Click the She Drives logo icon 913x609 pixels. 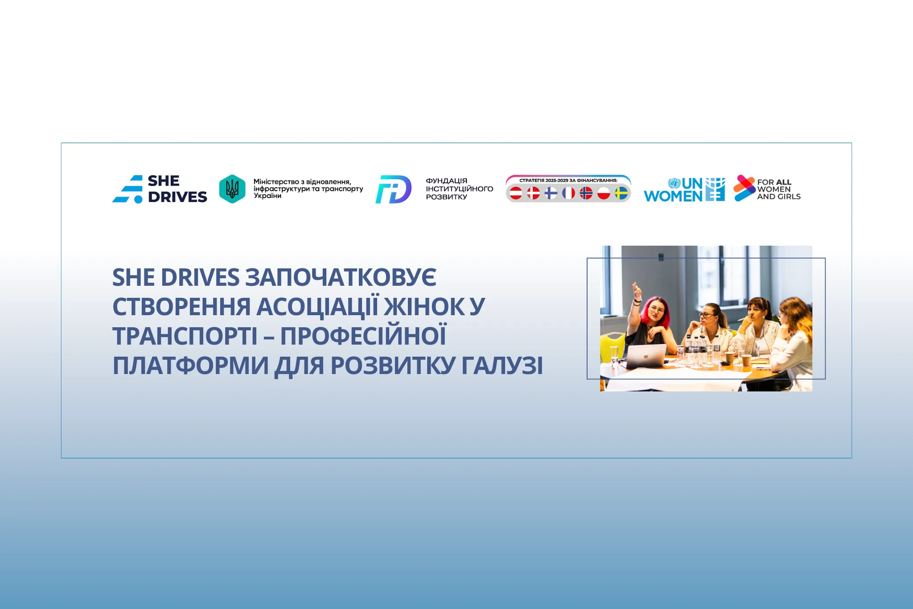click(128, 189)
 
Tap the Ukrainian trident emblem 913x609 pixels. click(232, 189)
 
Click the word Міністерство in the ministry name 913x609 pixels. click(276, 182)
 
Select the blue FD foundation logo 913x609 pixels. click(393, 189)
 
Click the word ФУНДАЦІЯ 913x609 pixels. click(446, 181)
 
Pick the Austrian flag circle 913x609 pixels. click(516, 193)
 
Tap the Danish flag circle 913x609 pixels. click(533, 193)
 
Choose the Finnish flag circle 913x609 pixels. click(551, 193)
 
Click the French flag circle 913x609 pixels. click(568, 193)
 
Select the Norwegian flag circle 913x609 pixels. click(586, 193)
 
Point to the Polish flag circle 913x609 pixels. click(604, 193)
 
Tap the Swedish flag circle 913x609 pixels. click(621, 193)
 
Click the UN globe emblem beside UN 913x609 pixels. click(674, 183)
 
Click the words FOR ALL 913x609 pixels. click(774, 182)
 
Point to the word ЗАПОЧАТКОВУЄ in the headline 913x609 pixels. click(341, 277)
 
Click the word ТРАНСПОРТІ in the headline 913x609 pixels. click(185, 336)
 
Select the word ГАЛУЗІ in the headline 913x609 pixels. click(502, 366)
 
